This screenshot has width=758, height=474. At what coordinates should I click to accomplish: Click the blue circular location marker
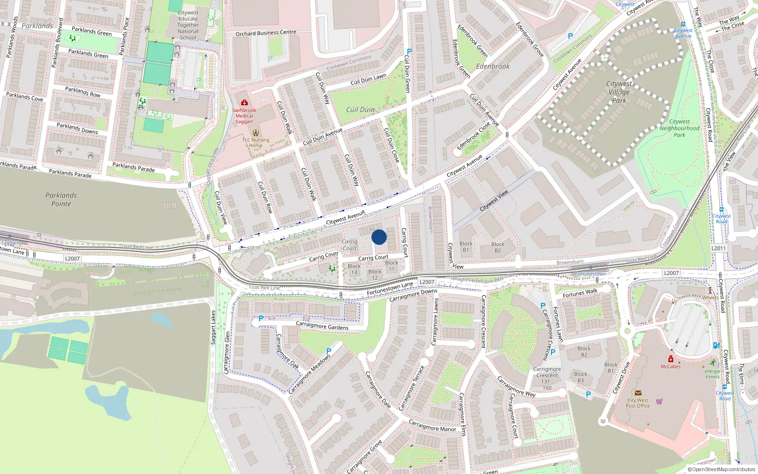point(379,237)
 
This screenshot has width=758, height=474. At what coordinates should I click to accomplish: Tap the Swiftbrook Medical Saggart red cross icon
point(244,103)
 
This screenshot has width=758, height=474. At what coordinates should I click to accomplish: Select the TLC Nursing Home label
point(256,143)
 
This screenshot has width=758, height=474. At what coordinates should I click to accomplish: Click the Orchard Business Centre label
point(266,33)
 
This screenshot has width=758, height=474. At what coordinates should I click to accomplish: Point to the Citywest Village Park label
point(619,92)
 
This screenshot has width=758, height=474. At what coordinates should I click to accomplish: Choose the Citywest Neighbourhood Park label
point(679,128)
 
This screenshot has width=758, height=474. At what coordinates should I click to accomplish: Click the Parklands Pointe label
point(61,200)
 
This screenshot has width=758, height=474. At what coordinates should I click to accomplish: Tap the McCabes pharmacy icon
point(671,359)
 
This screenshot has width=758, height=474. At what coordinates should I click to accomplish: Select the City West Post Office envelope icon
point(638,393)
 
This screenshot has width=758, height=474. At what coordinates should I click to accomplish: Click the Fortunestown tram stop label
point(590,274)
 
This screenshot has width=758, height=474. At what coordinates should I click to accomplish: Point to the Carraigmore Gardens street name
point(322,326)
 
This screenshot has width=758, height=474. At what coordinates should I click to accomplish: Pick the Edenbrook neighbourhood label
point(493,66)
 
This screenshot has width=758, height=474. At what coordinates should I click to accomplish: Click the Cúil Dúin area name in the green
point(360,109)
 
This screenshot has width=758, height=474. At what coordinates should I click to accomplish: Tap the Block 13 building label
point(354,269)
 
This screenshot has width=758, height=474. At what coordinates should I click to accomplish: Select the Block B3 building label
point(581,377)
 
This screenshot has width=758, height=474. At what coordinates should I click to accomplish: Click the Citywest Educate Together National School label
point(188,25)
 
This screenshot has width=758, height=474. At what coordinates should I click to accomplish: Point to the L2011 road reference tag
point(718,248)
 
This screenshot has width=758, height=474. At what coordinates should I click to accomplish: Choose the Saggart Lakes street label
point(213,328)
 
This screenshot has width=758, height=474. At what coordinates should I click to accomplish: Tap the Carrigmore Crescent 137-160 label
point(547,378)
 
